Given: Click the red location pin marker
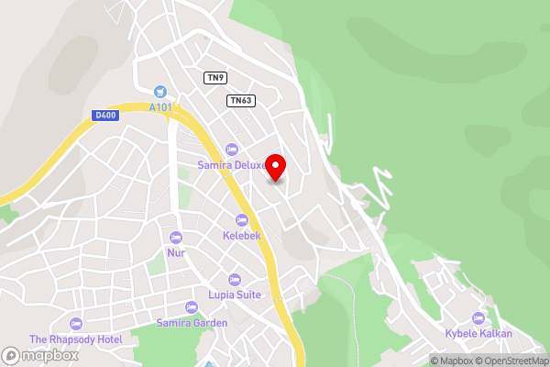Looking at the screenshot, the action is (275, 167).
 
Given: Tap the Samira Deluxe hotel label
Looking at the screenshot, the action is (233, 165).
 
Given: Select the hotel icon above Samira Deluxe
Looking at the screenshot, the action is (231, 150).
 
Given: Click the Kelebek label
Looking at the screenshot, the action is (242, 236).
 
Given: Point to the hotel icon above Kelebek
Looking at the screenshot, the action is (242, 220).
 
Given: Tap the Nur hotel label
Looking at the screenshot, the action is (176, 252).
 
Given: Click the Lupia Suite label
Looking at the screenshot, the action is (235, 295).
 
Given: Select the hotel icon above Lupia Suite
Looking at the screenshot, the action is (234, 279).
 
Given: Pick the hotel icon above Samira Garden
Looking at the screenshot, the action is (191, 307).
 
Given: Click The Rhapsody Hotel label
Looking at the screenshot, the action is (75, 339).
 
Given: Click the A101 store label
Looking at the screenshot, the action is (161, 106).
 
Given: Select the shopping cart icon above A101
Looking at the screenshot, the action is (161, 91).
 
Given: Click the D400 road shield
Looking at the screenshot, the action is (104, 115).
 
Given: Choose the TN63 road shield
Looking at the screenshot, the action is (241, 100).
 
